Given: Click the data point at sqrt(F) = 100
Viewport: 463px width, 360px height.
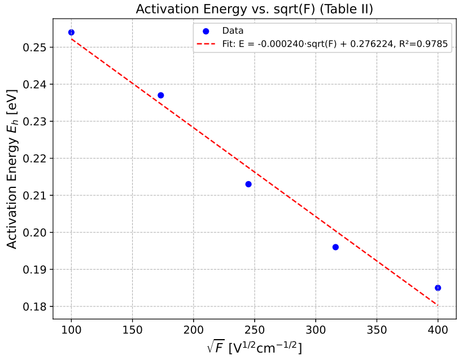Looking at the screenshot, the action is (x=71, y=33).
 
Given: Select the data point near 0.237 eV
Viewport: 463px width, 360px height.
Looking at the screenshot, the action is (x=160, y=95).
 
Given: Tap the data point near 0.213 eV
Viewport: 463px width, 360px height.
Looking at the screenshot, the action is (x=248, y=184).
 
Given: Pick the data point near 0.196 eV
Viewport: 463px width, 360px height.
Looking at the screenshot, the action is (x=335, y=247).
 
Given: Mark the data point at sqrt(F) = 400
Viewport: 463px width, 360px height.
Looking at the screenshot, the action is (x=438, y=288).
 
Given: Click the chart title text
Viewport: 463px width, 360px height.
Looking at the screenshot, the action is (x=254, y=9).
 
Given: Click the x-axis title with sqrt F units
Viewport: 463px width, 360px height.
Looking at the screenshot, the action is (x=255, y=348).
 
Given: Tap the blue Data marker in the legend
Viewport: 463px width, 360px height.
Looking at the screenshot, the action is (x=206, y=31).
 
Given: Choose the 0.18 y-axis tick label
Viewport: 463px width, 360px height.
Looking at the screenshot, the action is (x=34, y=306).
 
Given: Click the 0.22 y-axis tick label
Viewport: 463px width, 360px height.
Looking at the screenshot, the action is (x=34, y=159).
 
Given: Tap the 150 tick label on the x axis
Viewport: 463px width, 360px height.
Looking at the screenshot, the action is (x=132, y=330).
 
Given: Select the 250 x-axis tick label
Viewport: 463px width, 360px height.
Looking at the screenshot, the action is (x=255, y=330).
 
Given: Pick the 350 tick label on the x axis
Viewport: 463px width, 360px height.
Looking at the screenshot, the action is (x=377, y=330).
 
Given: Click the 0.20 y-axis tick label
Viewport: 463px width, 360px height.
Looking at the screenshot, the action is (x=34, y=232).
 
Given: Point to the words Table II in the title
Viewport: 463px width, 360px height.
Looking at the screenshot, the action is (x=346, y=9).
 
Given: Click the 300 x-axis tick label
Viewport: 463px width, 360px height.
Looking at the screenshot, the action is (x=316, y=330).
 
